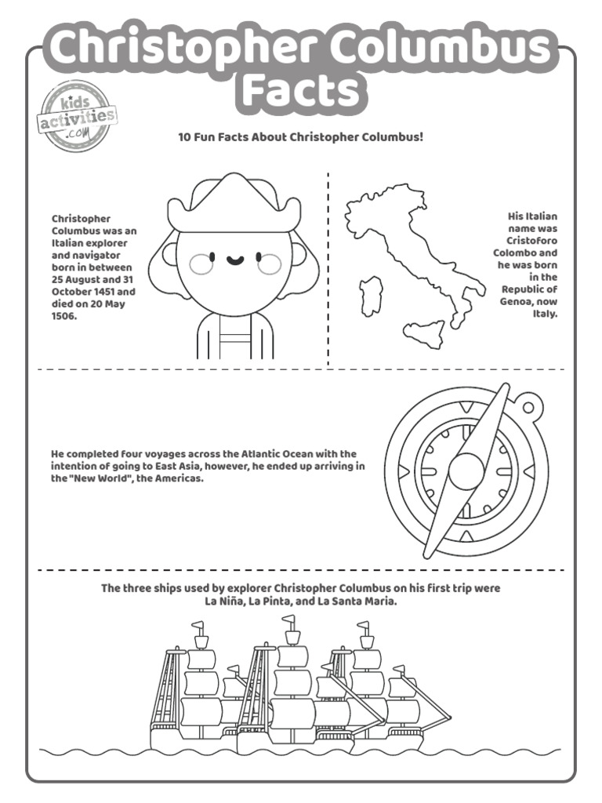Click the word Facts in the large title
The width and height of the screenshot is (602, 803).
coord(301,90)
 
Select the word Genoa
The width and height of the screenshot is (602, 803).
coord(517,301)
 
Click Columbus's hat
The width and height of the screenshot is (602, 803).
coord(234,202)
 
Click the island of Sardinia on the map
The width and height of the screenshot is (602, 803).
coord(370,296)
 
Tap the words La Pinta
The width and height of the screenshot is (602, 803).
coord(272,601)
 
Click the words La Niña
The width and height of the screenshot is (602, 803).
coord(223,601)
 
